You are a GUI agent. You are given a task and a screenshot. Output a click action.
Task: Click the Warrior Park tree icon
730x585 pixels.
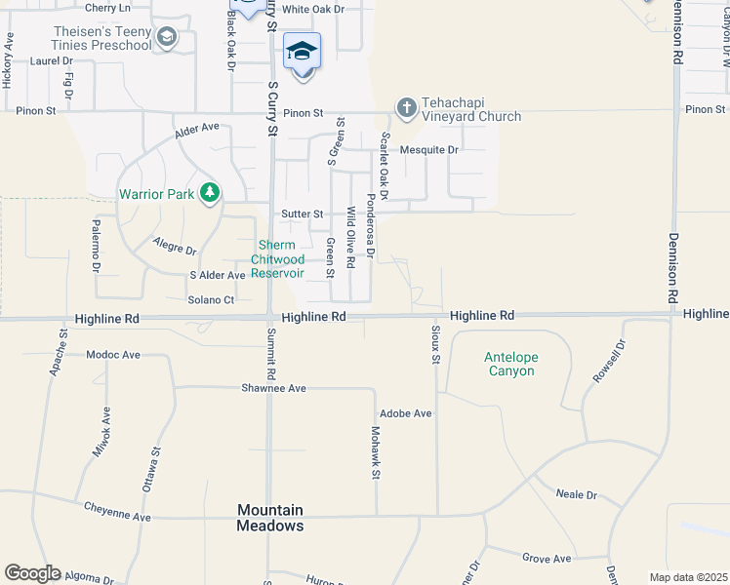tap(209, 193)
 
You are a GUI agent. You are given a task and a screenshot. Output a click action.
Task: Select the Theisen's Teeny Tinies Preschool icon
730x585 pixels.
tap(167, 38)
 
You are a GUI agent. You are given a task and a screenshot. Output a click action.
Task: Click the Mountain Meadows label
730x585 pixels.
tap(270, 518)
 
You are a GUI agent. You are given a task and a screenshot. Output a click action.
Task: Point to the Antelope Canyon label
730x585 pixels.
tap(510, 365)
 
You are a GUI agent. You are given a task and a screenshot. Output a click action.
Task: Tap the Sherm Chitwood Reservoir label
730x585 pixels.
tap(278, 259)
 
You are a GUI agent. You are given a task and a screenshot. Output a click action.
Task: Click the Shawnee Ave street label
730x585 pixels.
tap(274, 388)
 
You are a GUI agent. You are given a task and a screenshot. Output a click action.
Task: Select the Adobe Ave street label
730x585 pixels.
tap(406, 413)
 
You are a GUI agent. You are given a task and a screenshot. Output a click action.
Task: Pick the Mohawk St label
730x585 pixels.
tap(375, 453)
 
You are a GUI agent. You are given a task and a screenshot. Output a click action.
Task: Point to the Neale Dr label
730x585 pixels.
tap(576, 495)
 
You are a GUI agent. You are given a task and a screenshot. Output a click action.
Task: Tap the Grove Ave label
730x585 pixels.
tap(547, 559)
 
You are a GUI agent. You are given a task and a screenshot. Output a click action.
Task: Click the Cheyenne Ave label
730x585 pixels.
tap(117, 509)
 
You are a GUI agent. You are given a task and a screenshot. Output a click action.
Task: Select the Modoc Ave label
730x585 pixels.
tap(114, 355)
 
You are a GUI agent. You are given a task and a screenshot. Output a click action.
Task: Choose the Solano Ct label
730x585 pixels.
tap(212, 300)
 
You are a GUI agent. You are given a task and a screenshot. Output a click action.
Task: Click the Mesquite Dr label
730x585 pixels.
tap(429, 150)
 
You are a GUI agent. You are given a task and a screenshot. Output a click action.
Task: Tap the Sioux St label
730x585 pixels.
tap(435, 344)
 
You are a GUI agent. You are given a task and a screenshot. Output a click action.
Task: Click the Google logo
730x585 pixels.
tap(32, 573)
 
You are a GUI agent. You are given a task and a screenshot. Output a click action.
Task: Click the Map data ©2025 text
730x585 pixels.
tap(688, 577)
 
